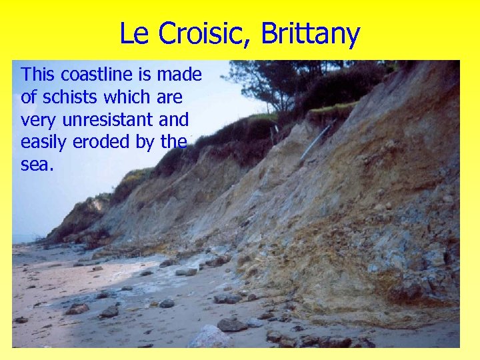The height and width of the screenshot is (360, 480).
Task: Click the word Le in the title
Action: (133, 33)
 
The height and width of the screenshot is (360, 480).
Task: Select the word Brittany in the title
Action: (311, 35)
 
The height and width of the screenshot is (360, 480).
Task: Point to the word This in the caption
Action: (37, 74)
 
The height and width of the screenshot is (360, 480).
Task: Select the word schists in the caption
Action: (72, 97)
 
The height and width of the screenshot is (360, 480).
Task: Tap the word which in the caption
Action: (131, 97)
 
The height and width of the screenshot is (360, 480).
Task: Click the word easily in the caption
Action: (44, 143)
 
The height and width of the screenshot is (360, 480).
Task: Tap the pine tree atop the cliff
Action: (267, 80)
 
